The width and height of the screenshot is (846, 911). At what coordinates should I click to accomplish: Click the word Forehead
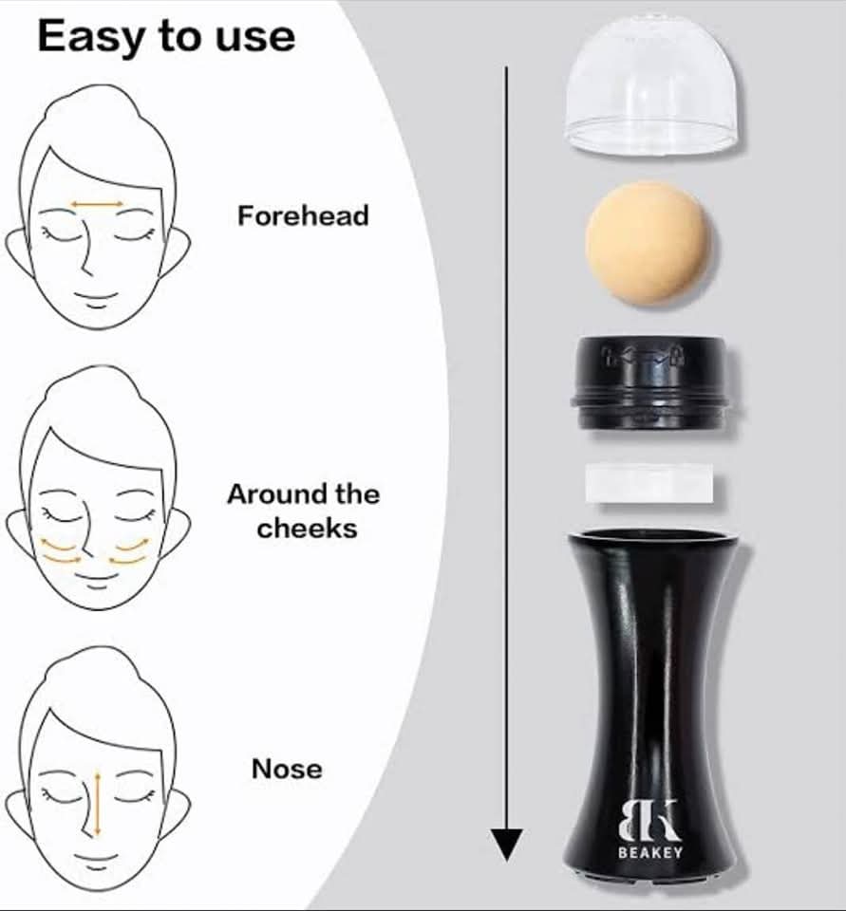(x=303, y=215)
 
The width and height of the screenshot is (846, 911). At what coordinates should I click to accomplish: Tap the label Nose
(x=287, y=769)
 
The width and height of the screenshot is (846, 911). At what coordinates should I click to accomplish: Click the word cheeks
(x=307, y=529)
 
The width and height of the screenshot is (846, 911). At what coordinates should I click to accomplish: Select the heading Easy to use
(x=166, y=37)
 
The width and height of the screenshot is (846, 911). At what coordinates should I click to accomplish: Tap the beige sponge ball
(x=648, y=243)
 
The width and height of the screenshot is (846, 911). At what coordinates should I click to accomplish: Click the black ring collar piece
(x=650, y=382)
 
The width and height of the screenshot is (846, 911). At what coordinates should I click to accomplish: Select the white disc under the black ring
(x=649, y=483)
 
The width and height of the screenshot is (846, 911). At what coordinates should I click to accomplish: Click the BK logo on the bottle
(x=649, y=820)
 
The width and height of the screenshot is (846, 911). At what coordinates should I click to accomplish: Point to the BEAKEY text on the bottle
(x=650, y=853)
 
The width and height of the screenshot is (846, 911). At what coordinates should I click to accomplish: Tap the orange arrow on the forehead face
(x=97, y=204)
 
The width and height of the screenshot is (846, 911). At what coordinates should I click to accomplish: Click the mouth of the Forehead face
(x=97, y=298)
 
